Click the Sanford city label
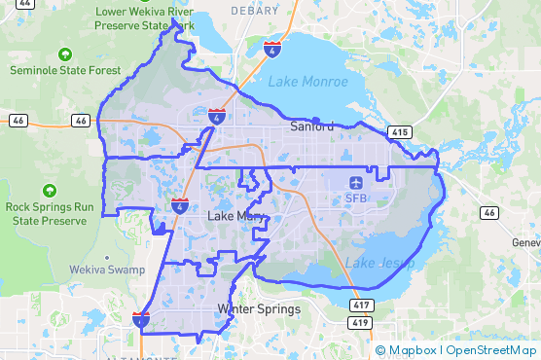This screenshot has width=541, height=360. click(x=312, y=126)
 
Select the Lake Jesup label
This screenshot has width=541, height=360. click(x=379, y=263)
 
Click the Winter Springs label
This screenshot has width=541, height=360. click(x=259, y=309)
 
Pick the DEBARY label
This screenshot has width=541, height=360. click(x=255, y=10)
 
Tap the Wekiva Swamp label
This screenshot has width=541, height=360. click(x=109, y=270)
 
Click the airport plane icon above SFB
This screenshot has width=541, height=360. click(x=356, y=183)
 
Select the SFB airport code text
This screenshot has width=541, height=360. click(x=356, y=198)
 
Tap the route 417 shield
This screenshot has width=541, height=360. click(x=360, y=306)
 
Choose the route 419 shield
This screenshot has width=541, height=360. click(x=360, y=322)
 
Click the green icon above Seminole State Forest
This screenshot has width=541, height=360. click(x=65, y=54)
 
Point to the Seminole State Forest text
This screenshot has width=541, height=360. click(x=65, y=70)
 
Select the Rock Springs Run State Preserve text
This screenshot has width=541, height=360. click(x=50, y=213)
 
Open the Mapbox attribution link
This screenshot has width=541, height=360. click(x=412, y=350)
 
